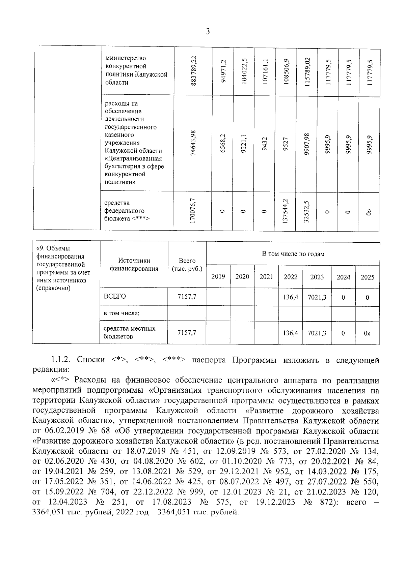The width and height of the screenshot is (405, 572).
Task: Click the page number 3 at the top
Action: (x=208, y=32)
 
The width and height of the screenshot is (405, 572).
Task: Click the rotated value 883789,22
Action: (x=194, y=71)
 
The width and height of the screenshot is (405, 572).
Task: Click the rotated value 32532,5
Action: (x=306, y=211)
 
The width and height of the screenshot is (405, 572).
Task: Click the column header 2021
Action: (x=266, y=277)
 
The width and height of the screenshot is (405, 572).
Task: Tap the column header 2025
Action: (x=367, y=277)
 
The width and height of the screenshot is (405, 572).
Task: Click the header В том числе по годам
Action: (x=293, y=254)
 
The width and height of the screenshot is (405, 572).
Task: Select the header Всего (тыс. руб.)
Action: (x=187, y=265)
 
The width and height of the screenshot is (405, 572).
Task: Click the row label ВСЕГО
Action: (x=115, y=296)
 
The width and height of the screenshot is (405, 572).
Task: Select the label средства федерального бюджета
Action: (x=127, y=211)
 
